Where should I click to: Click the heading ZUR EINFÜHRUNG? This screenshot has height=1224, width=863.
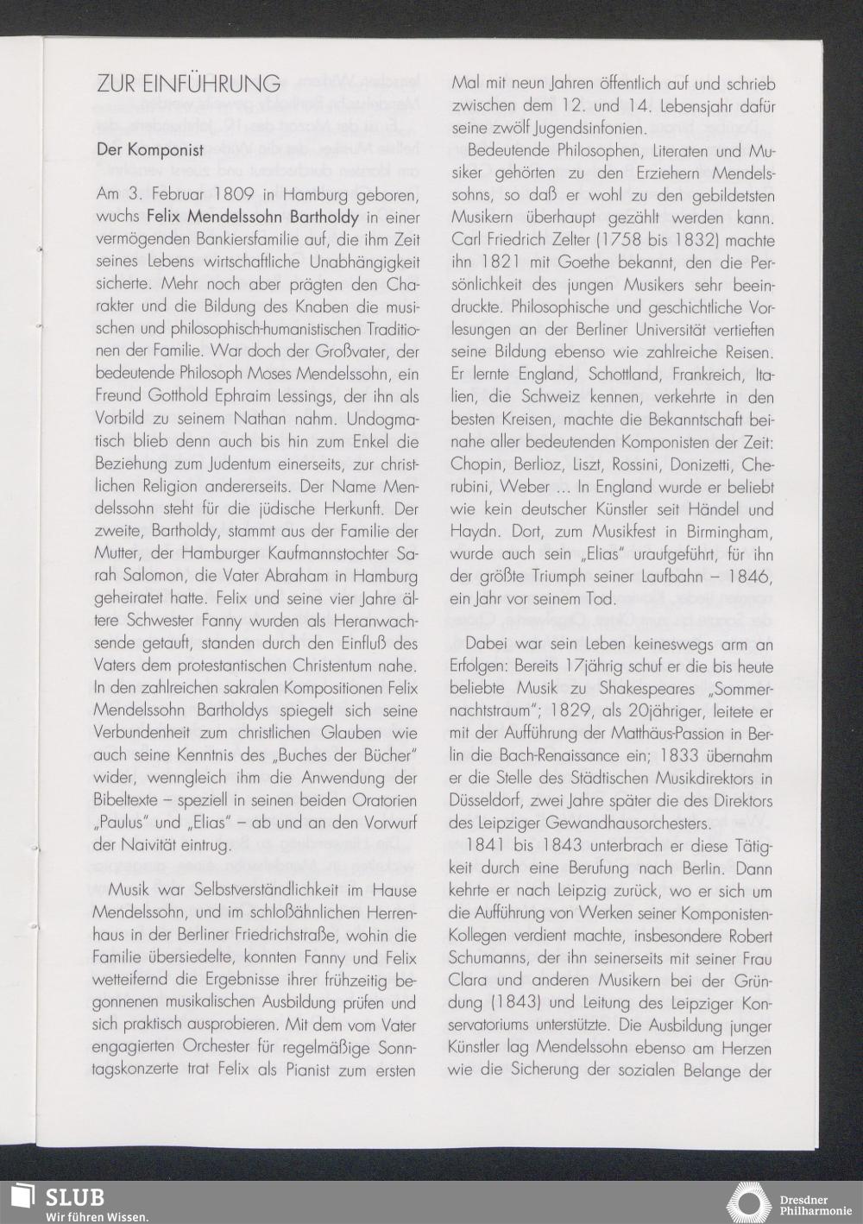(188, 84)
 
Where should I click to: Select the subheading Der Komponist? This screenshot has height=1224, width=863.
(149, 149)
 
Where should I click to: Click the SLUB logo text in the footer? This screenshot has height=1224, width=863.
(75, 1198)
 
